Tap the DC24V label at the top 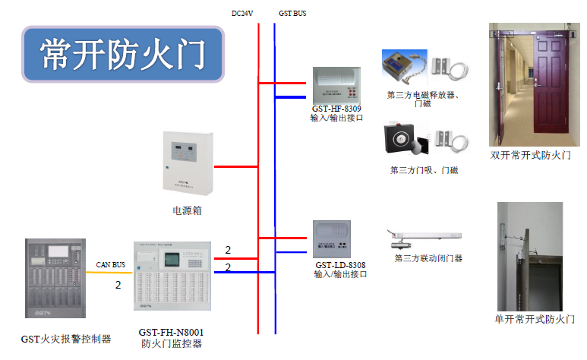[243, 14]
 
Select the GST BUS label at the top [292, 14]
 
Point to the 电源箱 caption [187, 210]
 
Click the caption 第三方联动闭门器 [428, 258]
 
